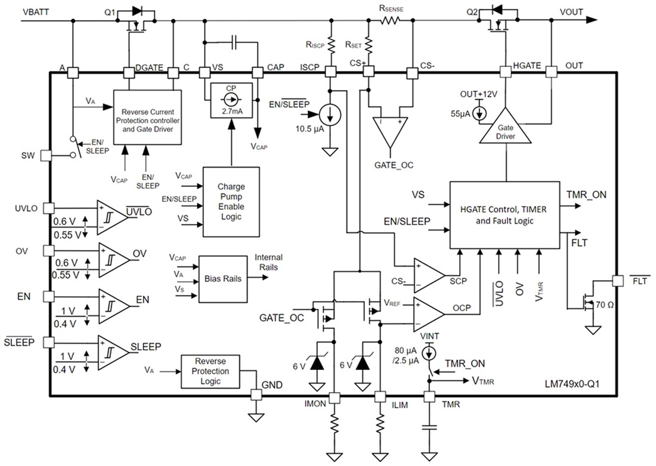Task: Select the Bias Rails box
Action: [224, 278]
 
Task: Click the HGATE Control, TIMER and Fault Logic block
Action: [504, 215]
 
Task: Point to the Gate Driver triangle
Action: [506, 127]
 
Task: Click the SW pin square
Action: [48, 156]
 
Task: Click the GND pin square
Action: [256, 395]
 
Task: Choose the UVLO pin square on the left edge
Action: [48, 209]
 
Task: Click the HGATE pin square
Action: [506, 72]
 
